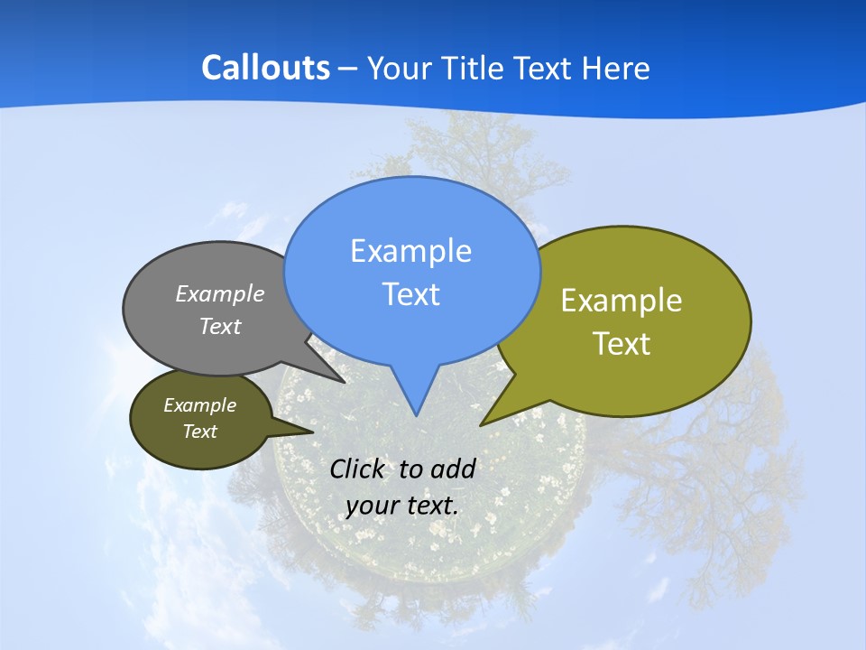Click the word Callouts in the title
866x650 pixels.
coord(265,69)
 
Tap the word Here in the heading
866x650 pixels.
coord(615,69)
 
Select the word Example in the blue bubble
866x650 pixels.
coord(410,251)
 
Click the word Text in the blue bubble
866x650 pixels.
coord(410,294)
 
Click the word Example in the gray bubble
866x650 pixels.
coord(220,294)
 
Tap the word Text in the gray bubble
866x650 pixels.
coord(220,327)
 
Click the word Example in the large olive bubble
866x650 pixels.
coord(622,301)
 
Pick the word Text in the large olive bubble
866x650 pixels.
coord(622,344)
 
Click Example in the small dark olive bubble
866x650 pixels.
coord(199,406)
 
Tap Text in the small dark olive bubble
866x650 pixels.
coord(199,432)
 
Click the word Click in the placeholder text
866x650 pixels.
coord(359,469)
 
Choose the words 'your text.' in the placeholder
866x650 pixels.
coord(402,506)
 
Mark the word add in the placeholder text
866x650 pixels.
coord(453,469)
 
